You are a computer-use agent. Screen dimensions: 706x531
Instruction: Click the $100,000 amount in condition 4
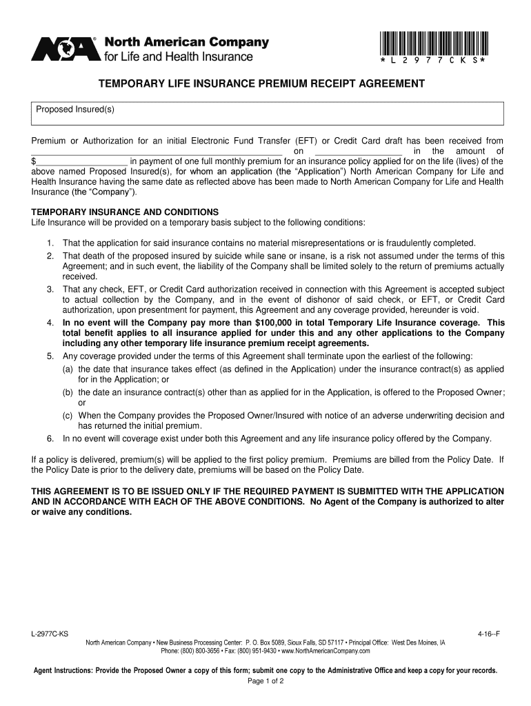(276, 323)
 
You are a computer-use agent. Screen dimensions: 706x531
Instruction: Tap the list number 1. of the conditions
(50, 243)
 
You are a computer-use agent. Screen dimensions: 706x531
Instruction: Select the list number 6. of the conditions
(50, 438)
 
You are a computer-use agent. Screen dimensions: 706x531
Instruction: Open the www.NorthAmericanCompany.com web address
(325, 651)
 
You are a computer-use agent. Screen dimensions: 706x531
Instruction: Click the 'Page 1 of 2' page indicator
(265, 681)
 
